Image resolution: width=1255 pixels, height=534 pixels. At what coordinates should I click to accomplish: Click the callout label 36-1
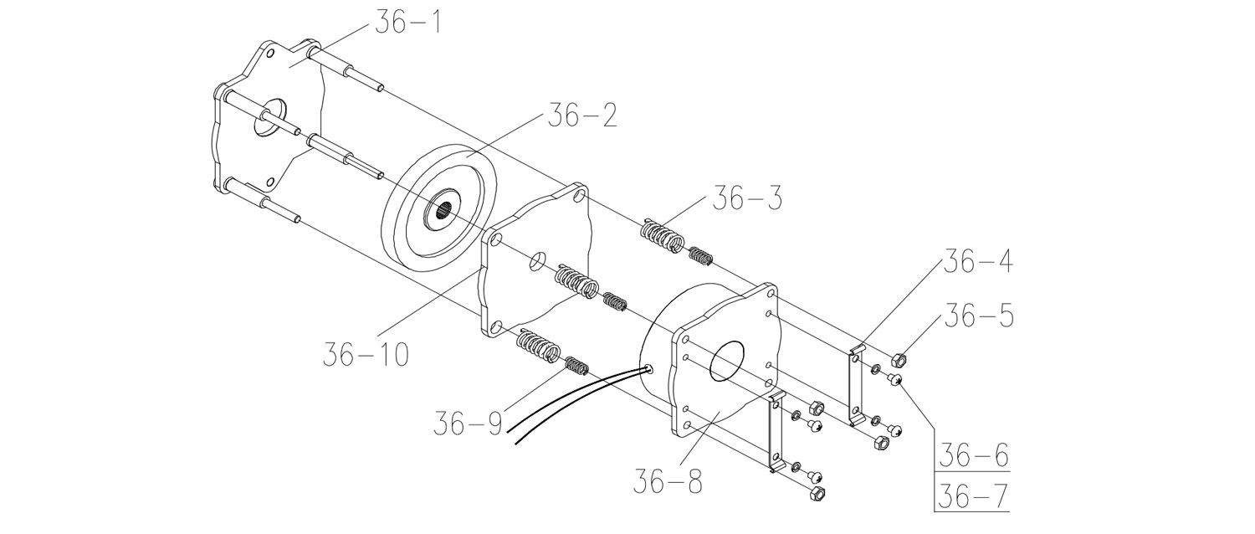tap(408, 23)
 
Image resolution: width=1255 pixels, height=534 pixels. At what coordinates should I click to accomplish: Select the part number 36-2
tap(582, 116)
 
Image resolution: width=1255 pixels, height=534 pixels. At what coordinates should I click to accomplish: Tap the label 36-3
tap(747, 198)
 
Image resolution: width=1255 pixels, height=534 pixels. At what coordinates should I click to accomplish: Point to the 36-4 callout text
tap(978, 261)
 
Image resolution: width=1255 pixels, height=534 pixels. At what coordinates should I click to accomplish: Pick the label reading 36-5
tap(980, 316)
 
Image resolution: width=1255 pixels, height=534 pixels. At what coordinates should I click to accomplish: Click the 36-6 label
tap(974, 455)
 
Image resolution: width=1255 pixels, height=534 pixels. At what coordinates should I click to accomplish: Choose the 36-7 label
tap(974, 496)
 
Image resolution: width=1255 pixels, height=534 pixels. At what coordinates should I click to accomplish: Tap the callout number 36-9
tap(468, 424)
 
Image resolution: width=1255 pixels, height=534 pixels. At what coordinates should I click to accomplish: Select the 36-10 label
tap(366, 354)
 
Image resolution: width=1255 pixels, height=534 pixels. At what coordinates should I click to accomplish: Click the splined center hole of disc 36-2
tap(445, 212)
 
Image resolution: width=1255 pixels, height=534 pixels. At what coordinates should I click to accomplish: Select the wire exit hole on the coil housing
tap(648, 369)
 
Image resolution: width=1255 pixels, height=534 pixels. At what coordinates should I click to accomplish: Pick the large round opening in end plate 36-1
tap(270, 117)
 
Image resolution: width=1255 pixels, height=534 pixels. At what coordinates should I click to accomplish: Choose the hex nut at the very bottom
tap(818, 494)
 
